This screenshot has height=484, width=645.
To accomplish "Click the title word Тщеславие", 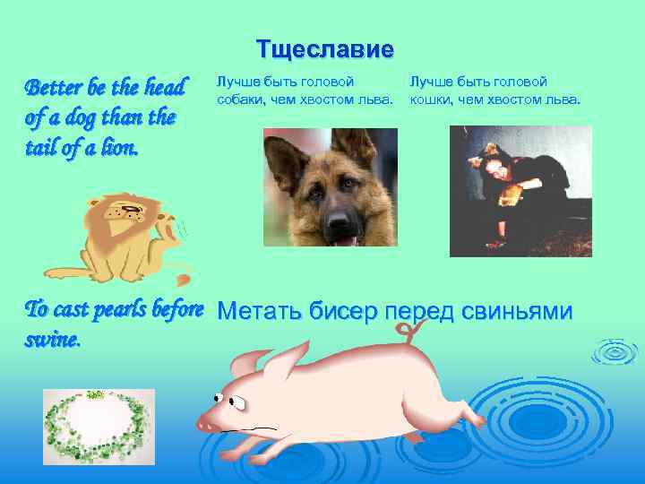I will pyautogui.click(x=324, y=49).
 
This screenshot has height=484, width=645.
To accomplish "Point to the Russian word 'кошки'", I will pyautogui.click(x=432, y=99).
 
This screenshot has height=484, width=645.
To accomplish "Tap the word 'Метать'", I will pyautogui.click(x=260, y=311).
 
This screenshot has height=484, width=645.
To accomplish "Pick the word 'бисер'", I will pyautogui.click(x=344, y=311).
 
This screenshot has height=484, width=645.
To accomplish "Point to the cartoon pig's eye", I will pyautogui.click(x=218, y=398).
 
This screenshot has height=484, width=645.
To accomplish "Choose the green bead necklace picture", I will pyautogui.click(x=99, y=426).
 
